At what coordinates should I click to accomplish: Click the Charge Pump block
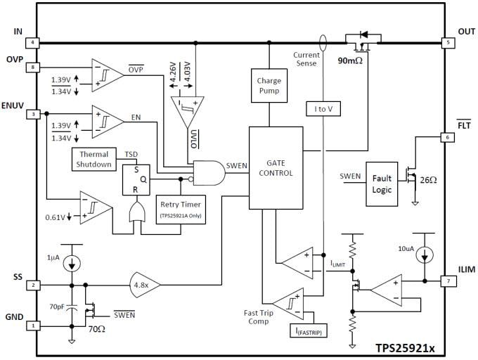[269, 86]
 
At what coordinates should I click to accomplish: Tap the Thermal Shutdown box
[95, 159]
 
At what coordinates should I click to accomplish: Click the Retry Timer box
[182, 209]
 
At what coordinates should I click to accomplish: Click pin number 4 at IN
[33, 43]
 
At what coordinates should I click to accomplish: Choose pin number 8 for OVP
[33, 67]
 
